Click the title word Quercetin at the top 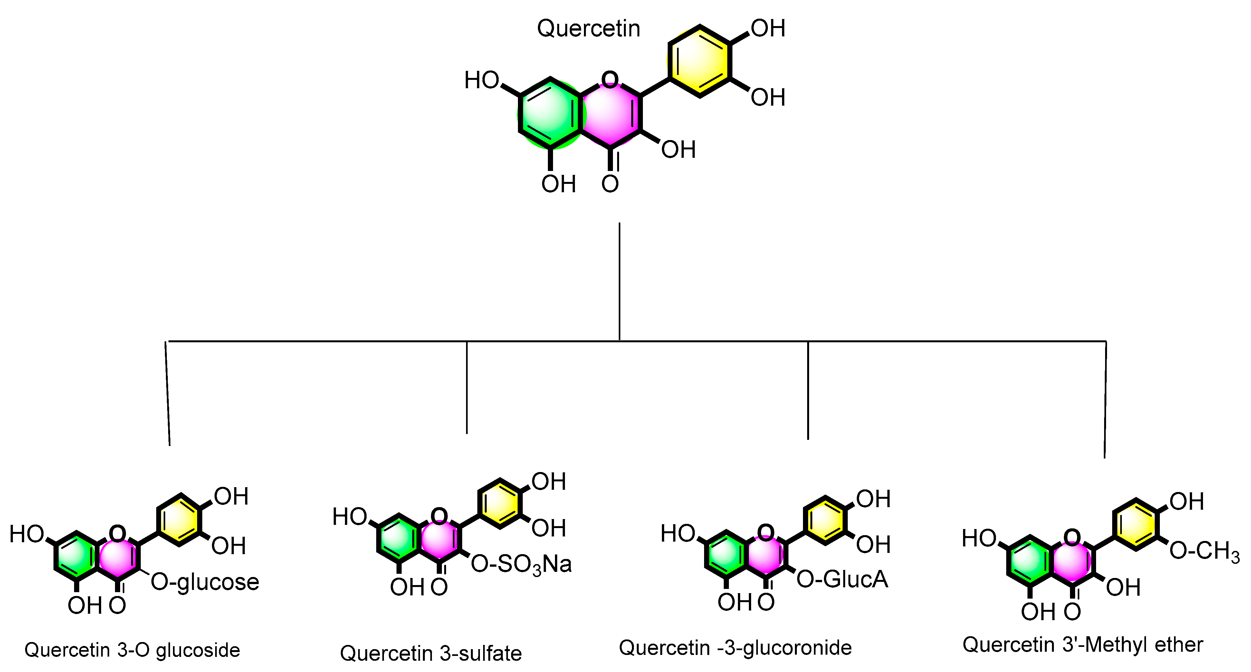pyautogui.click(x=588, y=29)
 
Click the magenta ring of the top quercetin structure pyautogui.click(x=610, y=114)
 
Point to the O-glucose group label pyautogui.click(x=205, y=582)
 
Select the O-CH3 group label pyautogui.click(x=1203, y=551)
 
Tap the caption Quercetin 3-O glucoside pyautogui.click(x=132, y=650)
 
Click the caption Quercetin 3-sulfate pyautogui.click(x=431, y=654)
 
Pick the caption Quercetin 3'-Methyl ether pyautogui.click(x=1083, y=645)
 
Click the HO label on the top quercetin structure pyautogui.click(x=481, y=80)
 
